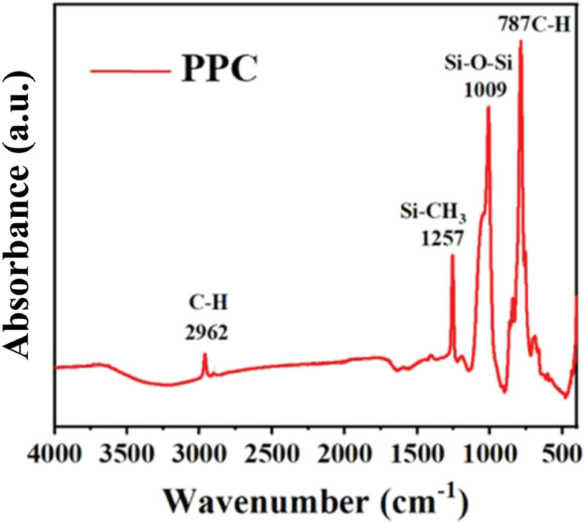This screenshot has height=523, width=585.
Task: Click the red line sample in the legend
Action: [129, 71]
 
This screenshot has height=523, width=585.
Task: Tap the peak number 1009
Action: [485, 89]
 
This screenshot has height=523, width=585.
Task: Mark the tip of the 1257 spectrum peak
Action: [452, 255]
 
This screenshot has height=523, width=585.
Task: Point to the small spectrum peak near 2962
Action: [205, 355]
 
